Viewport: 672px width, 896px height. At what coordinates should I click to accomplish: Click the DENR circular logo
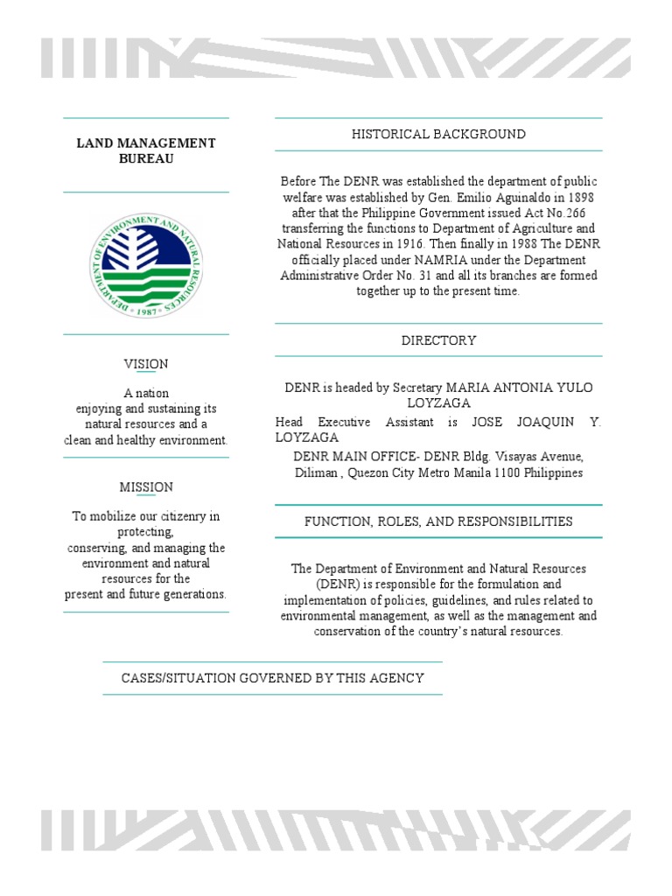pos(146,263)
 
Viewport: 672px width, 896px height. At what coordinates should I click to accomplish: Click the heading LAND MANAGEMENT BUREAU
pos(146,150)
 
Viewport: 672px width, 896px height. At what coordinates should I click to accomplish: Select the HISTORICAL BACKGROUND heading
pos(438,134)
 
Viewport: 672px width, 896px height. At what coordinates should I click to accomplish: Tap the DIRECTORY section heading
pos(438,340)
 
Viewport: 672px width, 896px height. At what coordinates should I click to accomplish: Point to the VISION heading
pos(146,364)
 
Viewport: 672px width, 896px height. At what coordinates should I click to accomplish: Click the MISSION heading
pos(146,486)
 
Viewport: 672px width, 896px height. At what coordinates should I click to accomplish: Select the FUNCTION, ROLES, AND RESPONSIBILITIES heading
pos(438,521)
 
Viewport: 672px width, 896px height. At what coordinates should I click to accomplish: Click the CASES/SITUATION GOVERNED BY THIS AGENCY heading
pos(272,678)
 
